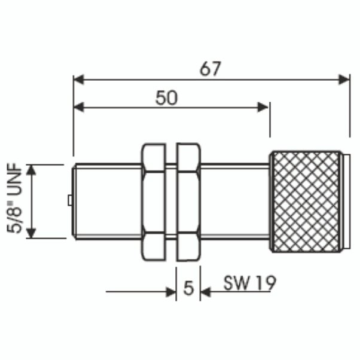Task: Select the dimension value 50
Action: pyautogui.click(x=166, y=97)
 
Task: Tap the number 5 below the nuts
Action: pyautogui.click(x=188, y=289)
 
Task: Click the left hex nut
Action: pyautogui.click(x=154, y=202)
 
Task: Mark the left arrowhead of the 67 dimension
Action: pyautogui.click(x=78, y=78)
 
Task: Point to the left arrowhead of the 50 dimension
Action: pyautogui.click(x=78, y=107)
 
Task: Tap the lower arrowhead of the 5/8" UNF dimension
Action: pyautogui.click(x=33, y=233)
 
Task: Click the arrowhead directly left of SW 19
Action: pyautogui.click(x=206, y=292)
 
